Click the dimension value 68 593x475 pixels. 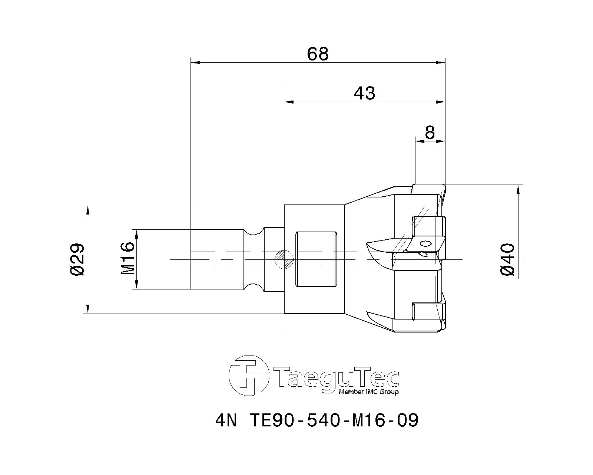(318, 54)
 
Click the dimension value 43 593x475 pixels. (364, 93)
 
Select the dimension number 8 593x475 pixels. (430, 132)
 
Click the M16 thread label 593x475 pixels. (127, 259)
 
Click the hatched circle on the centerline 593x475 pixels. (284, 259)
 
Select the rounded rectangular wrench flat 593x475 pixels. (316, 259)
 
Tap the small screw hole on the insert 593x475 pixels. (425, 244)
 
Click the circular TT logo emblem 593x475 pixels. (248, 375)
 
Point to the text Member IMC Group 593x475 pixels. (369, 392)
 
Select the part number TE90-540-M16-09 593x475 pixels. (334, 421)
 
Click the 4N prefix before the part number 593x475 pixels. (225, 421)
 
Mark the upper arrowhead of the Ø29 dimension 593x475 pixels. (88, 210)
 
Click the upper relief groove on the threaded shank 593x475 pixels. (254, 232)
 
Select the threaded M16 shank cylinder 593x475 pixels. (217, 259)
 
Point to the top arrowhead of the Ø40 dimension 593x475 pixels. (518, 189)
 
